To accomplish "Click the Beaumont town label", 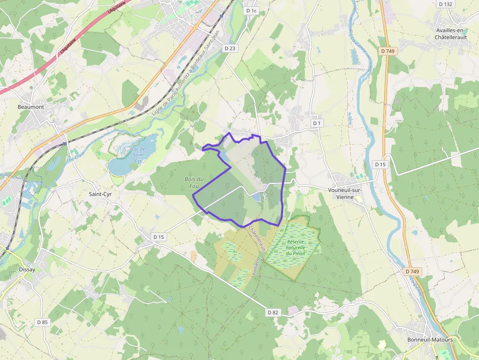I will click(31, 107).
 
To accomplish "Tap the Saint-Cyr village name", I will click(100, 194).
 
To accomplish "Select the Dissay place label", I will click(27, 269).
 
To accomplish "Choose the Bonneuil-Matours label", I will click(430, 339).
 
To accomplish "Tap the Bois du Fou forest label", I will click(194, 182).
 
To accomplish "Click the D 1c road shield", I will click(251, 10).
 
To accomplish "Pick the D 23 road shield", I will click(230, 48).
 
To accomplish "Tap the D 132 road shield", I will click(445, 4).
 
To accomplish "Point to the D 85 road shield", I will click(43, 322).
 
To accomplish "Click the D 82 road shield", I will click(273, 312).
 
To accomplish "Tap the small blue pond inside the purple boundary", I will click(255, 196).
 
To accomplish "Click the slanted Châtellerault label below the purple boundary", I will click(257, 238).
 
